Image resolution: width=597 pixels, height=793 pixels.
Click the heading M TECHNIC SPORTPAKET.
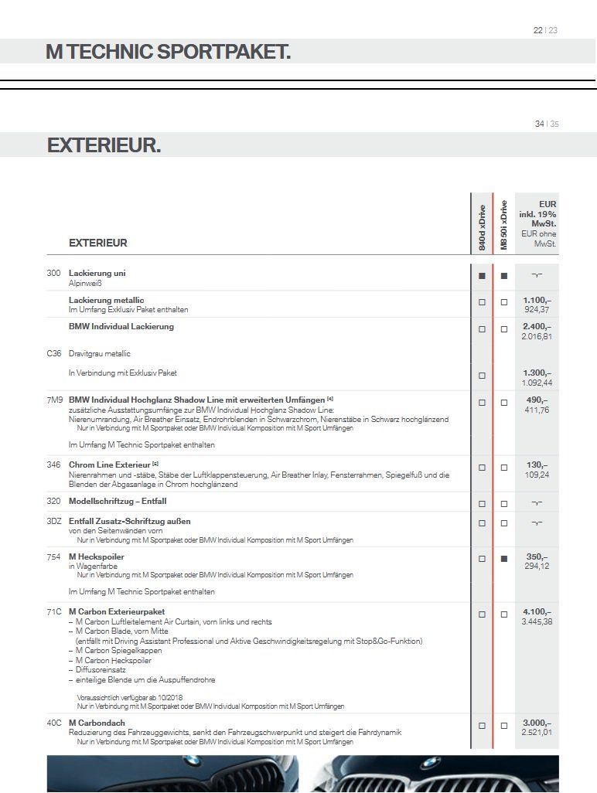click(x=168, y=52)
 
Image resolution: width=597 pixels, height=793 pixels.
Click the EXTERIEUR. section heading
click(x=104, y=145)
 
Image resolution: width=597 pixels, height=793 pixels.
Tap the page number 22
click(x=538, y=30)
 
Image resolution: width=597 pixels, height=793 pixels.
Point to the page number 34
click(x=539, y=124)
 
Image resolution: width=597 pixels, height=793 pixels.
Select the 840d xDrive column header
click(x=482, y=227)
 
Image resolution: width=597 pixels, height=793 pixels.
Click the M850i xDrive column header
click(x=503, y=225)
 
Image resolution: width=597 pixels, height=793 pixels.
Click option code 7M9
click(x=54, y=400)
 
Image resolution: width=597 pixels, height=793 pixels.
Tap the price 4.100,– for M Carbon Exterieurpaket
click(x=537, y=611)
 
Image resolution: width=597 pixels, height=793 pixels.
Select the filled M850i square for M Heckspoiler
click(x=504, y=558)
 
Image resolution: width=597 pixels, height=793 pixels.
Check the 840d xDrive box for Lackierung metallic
click(x=482, y=302)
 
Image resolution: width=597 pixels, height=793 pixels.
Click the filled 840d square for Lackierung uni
click(x=482, y=275)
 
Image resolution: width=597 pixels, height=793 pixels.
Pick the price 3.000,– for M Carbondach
click(x=537, y=723)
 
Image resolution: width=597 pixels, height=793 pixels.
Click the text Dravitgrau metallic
click(x=99, y=353)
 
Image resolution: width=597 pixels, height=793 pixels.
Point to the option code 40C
click(x=54, y=723)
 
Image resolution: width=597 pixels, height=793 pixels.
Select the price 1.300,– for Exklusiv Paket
click(x=537, y=373)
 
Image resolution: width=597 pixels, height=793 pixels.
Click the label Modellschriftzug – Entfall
click(x=117, y=501)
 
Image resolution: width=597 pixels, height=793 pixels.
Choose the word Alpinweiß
click(x=85, y=284)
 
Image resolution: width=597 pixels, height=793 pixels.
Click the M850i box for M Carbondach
click(x=504, y=726)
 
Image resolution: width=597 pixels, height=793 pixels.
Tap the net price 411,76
click(x=537, y=410)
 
